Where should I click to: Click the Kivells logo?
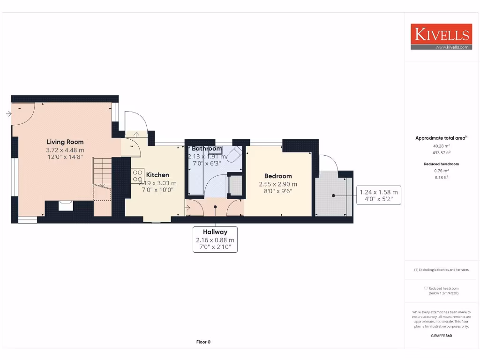441,34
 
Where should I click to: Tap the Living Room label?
65,142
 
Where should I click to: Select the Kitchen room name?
157,175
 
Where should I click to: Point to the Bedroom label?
278,176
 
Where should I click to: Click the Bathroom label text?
207,149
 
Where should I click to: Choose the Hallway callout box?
215,240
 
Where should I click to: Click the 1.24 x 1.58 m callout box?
378,195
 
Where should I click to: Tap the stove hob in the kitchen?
137,175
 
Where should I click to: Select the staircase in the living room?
102,172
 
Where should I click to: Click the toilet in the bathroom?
234,155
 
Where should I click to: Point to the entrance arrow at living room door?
9,113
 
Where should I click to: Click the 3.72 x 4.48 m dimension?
65,150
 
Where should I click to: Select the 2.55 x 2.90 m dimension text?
278,184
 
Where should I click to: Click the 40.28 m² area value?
441,146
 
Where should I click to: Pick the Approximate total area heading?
441,138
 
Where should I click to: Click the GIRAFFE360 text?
441,336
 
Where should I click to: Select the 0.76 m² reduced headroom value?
441,171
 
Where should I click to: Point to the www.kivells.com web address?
452,47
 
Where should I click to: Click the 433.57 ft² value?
441,153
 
